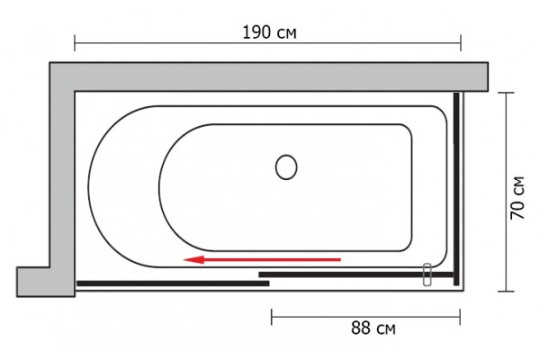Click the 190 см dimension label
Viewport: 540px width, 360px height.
tap(269, 32)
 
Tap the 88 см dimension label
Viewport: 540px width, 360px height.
tap(373, 328)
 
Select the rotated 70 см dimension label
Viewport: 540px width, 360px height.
tap(517, 198)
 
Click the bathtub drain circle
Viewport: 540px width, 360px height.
tap(286, 167)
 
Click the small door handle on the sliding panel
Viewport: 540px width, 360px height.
tap(427, 274)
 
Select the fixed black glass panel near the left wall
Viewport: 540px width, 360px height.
tap(173, 283)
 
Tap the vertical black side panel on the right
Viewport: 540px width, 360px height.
tap(456, 189)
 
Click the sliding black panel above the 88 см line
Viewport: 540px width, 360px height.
tap(356, 274)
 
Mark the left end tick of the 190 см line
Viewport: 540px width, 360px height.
tap(75, 43)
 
